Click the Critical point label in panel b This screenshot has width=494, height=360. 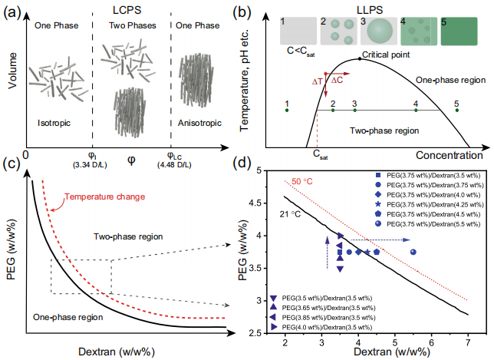[x=386, y=54]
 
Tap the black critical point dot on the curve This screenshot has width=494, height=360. [x=360, y=59]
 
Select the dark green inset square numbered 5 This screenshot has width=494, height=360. [x=459, y=31]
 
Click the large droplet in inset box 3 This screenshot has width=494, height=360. [x=380, y=31]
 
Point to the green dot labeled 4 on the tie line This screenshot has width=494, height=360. [x=416, y=110]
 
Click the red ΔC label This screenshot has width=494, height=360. [x=337, y=80]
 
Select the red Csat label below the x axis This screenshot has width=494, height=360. [x=320, y=154]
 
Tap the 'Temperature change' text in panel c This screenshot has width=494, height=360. [x=105, y=197]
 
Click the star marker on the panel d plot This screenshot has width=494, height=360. [x=367, y=252]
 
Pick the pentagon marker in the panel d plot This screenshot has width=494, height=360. [x=377, y=252]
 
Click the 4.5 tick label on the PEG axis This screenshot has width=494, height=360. [x=255, y=203]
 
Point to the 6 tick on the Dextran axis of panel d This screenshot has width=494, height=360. [x=431, y=342]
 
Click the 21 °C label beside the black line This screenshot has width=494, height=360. [x=290, y=214]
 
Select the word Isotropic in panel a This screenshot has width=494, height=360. [x=54, y=123]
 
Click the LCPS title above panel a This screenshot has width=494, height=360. [x=127, y=10]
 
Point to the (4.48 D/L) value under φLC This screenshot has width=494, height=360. [x=174, y=164]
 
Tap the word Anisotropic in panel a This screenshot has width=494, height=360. [x=199, y=123]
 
